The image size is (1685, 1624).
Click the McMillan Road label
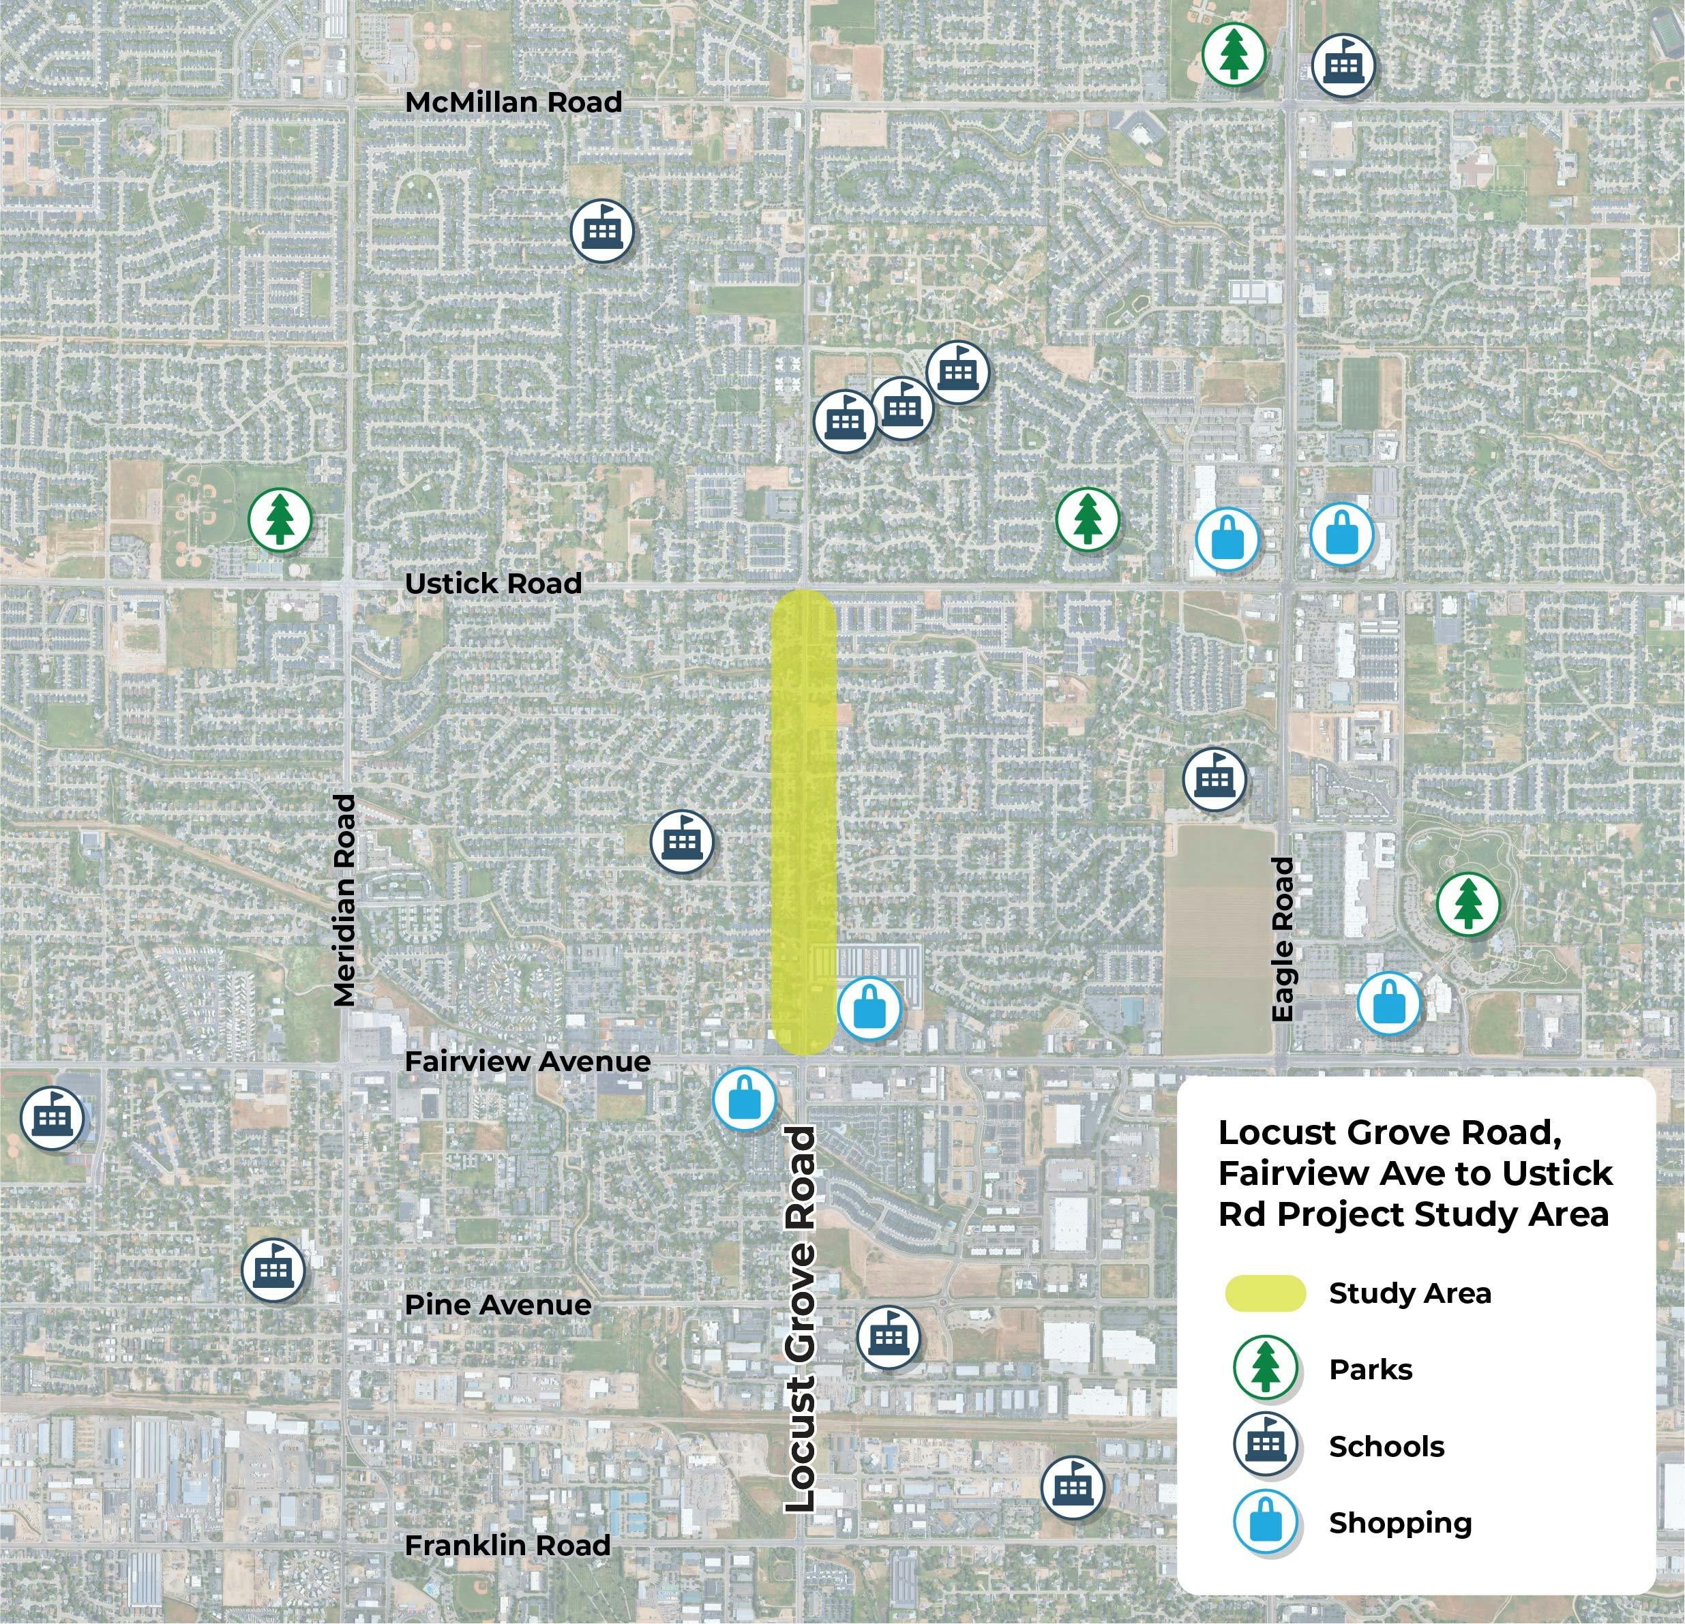coord(513,102)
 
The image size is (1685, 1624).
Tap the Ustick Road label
coord(492,584)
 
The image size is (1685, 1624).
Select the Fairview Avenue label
coord(527,1062)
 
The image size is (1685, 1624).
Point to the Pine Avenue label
coord(498,1305)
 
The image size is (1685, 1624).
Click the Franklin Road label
coord(507,1545)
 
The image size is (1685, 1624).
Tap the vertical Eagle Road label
coord(1282,939)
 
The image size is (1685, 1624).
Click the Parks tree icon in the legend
coord(1265,1368)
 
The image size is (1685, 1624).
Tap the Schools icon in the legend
coord(1265,1445)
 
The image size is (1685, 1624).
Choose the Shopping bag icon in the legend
coord(1265,1522)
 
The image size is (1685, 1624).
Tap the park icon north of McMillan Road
coord(1234,54)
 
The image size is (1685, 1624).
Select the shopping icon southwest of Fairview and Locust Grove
coord(745,1100)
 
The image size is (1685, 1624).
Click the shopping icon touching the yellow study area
coord(869,1008)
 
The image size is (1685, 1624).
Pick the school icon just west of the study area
coord(682,842)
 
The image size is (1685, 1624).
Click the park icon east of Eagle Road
coord(1468,903)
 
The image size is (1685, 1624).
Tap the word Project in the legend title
coord(1342,1214)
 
